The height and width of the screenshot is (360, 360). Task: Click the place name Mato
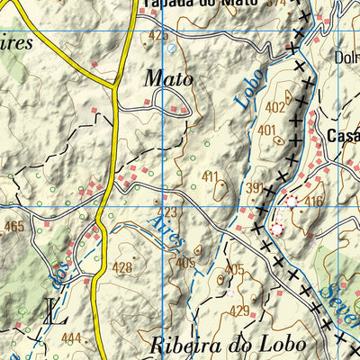(168, 79)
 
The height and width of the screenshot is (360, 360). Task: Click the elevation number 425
(158, 35)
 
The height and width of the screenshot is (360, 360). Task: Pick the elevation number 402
(275, 108)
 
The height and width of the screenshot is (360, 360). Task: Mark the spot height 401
(266, 130)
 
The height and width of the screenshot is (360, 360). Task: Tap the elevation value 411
(211, 175)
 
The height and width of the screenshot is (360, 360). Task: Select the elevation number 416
(313, 200)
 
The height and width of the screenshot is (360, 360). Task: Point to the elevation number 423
(168, 212)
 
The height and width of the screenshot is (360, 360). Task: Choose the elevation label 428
(122, 267)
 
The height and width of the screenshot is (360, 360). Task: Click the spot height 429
(238, 310)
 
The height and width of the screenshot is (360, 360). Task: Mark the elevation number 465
(13, 227)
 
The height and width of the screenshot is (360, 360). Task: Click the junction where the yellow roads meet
(115, 88)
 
